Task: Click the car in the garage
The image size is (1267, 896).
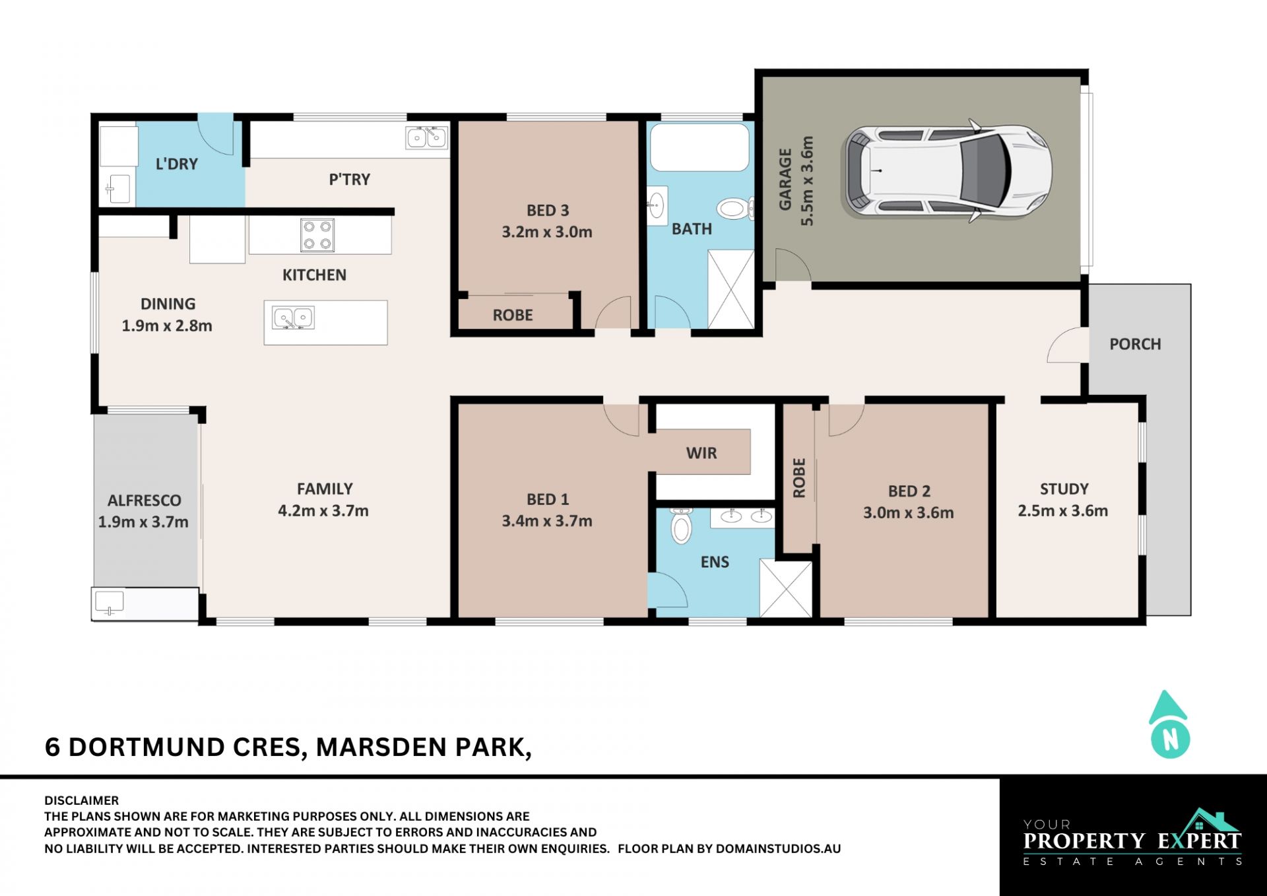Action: [x=946, y=171]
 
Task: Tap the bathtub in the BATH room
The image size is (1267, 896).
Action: [x=699, y=147]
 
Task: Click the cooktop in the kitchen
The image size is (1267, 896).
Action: [x=317, y=235]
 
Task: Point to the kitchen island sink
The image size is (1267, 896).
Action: [x=293, y=318]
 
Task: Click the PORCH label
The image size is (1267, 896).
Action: [x=1135, y=344]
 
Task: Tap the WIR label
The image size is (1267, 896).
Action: [x=701, y=453]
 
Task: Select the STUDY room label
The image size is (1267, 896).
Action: [x=1064, y=489]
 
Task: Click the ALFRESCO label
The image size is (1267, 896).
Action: [x=145, y=500]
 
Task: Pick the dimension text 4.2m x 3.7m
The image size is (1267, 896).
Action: [x=323, y=510]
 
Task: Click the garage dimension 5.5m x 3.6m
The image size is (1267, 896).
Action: [x=807, y=181]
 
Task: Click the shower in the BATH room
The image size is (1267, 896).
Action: [x=731, y=289]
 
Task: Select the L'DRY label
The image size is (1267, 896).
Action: [x=177, y=164]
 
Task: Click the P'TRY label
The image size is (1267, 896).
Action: [x=350, y=179]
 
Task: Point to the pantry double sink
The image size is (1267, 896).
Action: [x=426, y=137]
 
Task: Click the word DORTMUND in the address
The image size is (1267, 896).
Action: [x=147, y=747]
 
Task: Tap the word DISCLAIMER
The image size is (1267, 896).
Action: [x=82, y=800]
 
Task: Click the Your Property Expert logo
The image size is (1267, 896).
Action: [x=1132, y=837]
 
